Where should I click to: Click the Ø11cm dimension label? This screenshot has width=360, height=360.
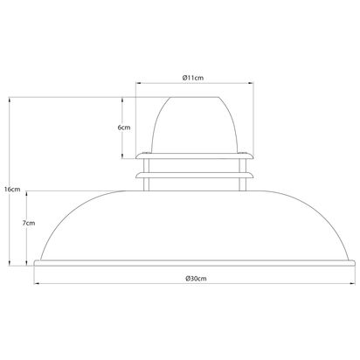pos(193,78)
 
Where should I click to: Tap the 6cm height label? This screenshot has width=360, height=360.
pos(124,128)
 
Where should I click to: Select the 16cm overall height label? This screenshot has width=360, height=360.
pos(12,190)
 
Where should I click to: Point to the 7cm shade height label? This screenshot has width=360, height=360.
pos(29,223)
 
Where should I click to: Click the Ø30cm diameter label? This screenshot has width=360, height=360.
pos(196,279)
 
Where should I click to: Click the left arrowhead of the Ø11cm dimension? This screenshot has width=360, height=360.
pos(138,83)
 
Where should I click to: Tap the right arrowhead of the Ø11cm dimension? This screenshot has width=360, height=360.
pos(251,83)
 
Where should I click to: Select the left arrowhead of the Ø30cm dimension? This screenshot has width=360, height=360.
pos(37,283)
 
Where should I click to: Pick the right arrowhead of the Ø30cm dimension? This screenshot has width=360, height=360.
pos(353,283)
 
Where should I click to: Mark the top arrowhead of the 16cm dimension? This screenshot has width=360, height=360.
pos(10,100)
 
